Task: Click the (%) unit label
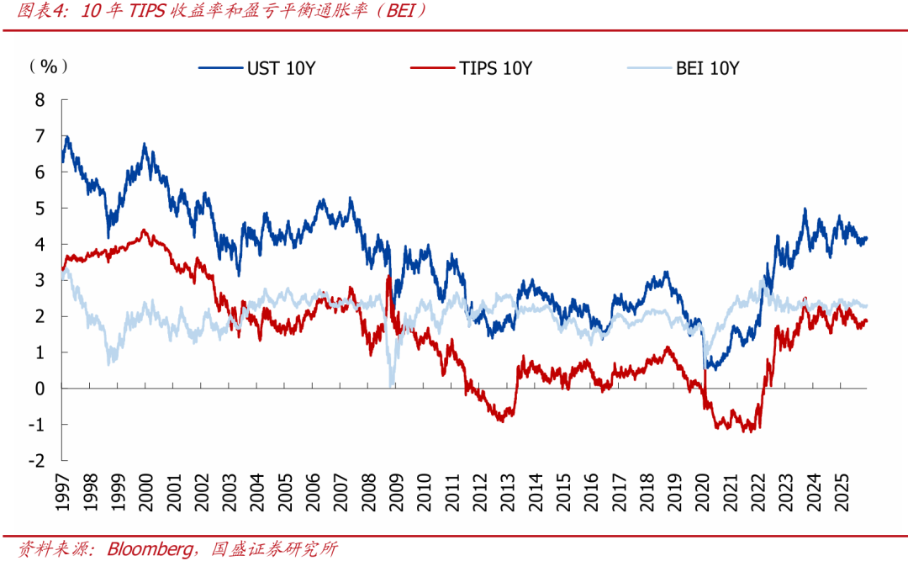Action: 48,66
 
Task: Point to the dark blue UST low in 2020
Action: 709,368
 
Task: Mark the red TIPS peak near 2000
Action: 144,230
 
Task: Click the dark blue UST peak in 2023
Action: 805,209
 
